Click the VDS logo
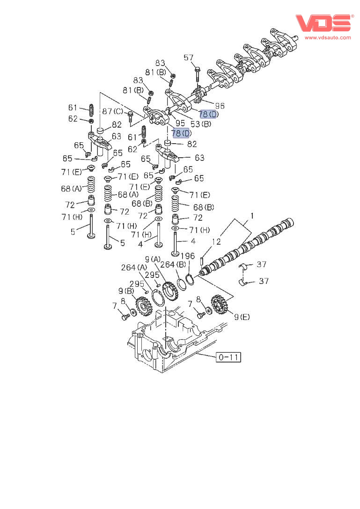(x=323, y=23)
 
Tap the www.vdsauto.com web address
(x=328, y=37)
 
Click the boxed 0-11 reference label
(x=228, y=357)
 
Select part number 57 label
(x=188, y=58)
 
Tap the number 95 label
(x=180, y=124)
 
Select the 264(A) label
(x=134, y=267)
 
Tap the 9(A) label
(x=153, y=259)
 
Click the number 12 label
(x=216, y=242)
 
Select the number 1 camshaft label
(x=251, y=216)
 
